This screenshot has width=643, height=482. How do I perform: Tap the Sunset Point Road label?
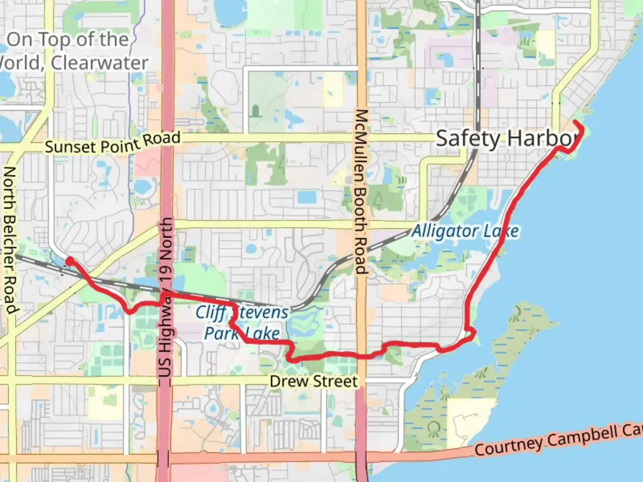click(x=113, y=142)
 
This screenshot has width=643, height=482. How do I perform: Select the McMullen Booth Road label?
click(x=360, y=191)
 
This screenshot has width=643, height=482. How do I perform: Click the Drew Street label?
click(x=313, y=382)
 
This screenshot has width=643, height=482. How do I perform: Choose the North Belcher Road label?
click(x=10, y=241)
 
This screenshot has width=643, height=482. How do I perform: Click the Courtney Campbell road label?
click(x=558, y=441)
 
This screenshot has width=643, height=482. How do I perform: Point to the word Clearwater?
click(x=100, y=63)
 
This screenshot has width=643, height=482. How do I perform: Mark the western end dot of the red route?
click(x=69, y=260)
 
